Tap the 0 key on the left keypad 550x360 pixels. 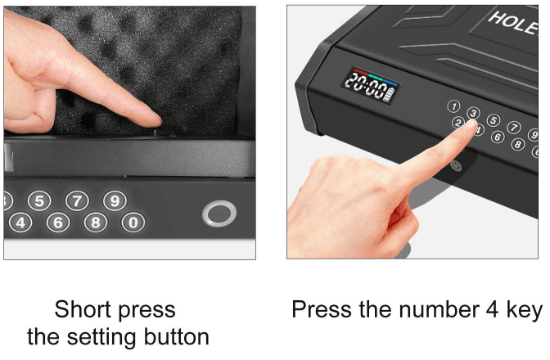pyautogui.click(x=135, y=221)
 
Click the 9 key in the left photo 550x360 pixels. pyautogui.click(x=115, y=200)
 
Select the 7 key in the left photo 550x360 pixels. pyautogui.click(x=77, y=200)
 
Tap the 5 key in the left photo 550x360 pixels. pyautogui.click(x=39, y=200)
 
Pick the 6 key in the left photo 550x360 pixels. pyautogui.click(x=57, y=222)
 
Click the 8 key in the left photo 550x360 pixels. pyautogui.click(x=96, y=222)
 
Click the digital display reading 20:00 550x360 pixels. pyautogui.click(x=365, y=83)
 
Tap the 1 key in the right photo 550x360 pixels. pyautogui.click(x=453, y=106)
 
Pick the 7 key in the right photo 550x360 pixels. pyautogui.click(x=513, y=128)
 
